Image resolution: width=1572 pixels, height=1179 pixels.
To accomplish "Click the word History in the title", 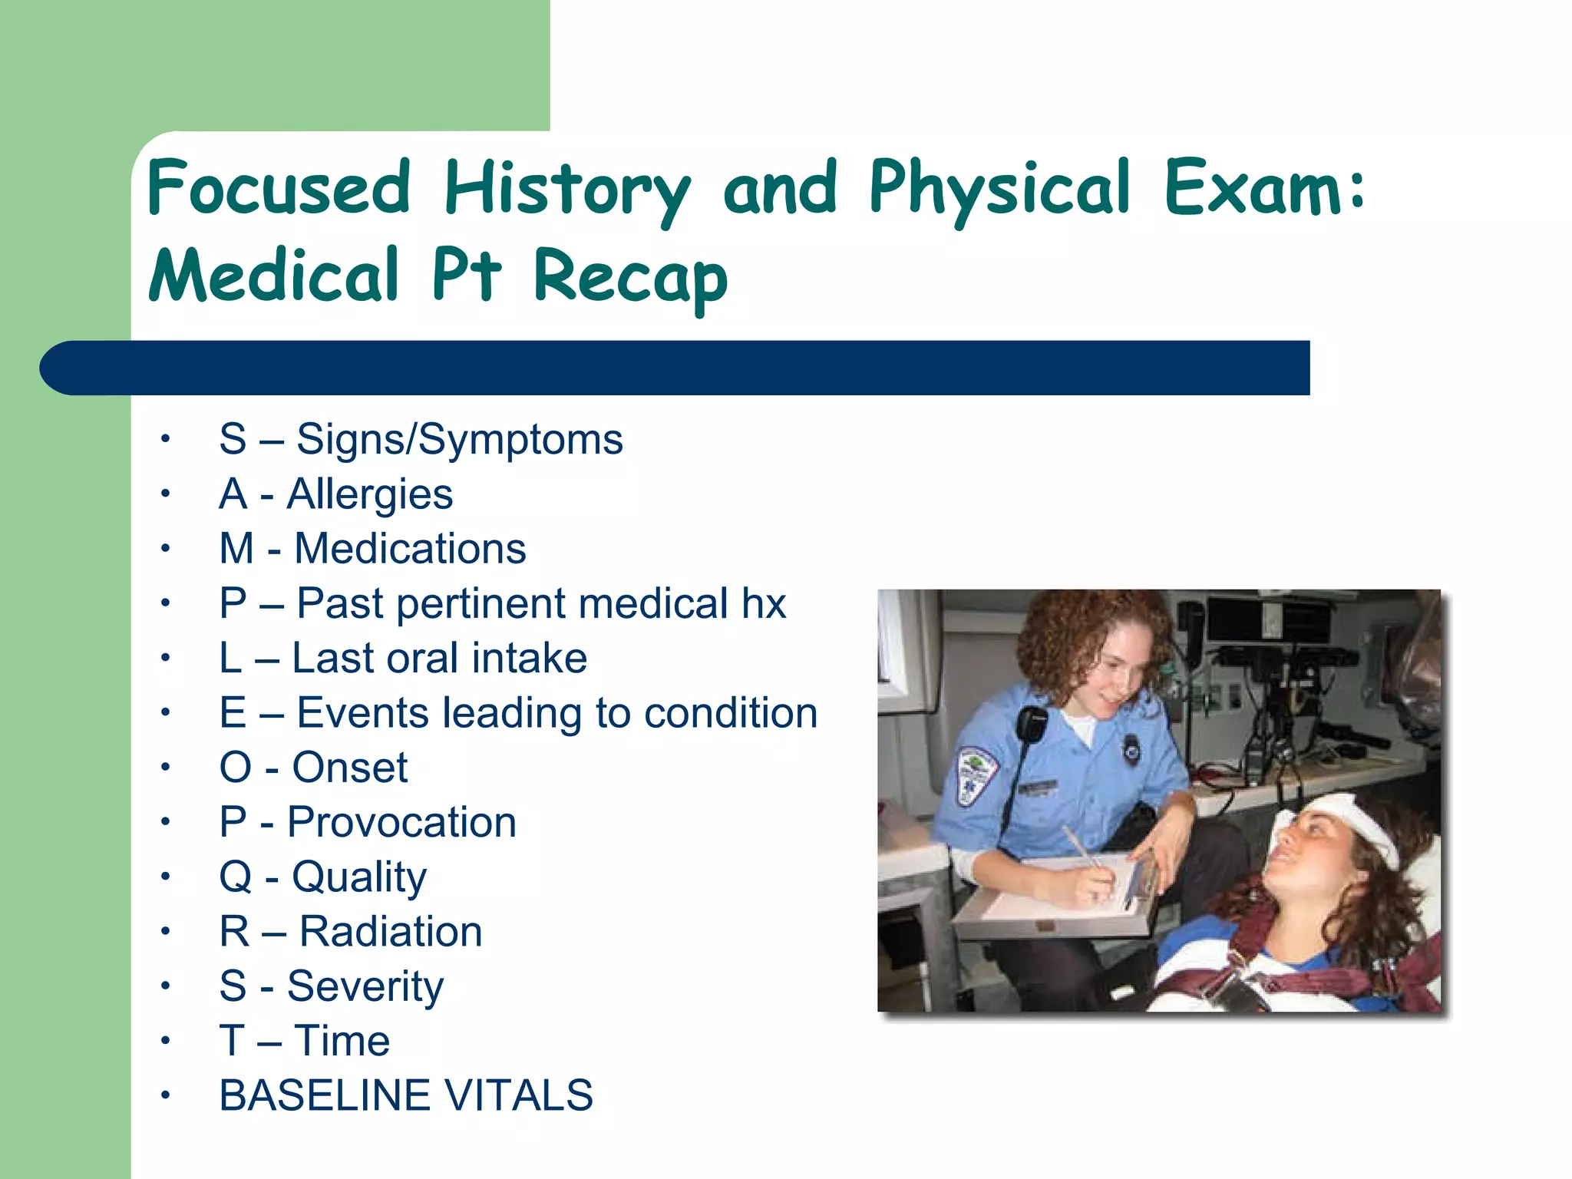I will click(566, 190).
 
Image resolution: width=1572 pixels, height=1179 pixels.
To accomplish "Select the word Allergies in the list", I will click(369, 494).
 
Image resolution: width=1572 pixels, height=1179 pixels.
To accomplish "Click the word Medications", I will click(410, 549).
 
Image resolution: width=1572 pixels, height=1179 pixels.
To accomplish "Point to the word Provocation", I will click(401, 822).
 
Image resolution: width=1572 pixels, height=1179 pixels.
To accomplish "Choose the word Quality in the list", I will click(358, 877).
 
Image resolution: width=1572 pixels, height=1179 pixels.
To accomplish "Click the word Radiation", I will click(390, 932).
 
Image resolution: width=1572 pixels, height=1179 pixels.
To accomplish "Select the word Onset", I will click(350, 768).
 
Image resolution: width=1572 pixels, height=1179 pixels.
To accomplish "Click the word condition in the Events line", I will click(731, 713).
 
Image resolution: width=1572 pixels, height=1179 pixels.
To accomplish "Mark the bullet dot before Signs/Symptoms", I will click(165, 440).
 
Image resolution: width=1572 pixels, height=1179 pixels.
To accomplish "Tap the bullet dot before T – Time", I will click(165, 1042).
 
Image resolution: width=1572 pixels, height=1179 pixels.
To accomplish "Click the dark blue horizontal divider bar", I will click(675, 368).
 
